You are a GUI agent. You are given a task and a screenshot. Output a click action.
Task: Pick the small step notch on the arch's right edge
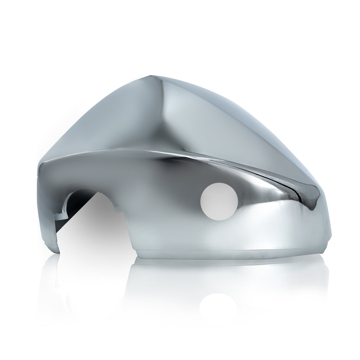coord(119,211)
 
